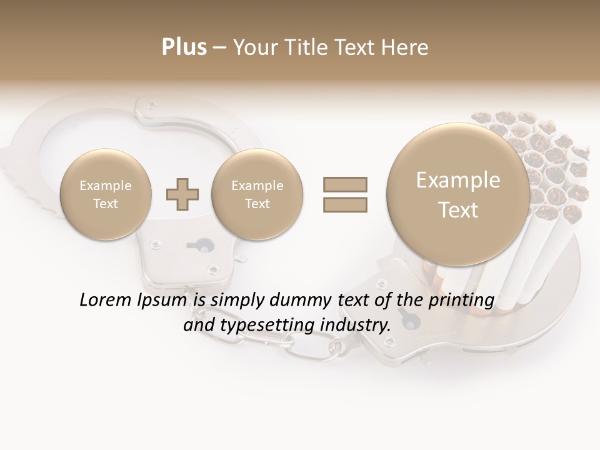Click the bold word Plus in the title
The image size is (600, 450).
tap(184, 47)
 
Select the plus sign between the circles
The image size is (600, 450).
tap(182, 194)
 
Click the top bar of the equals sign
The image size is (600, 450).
tap(344, 184)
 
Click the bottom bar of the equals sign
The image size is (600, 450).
tap(344, 204)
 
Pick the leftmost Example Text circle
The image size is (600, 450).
tap(106, 194)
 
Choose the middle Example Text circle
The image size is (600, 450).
tap(257, 194)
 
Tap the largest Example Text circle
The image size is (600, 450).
tap(458, 194)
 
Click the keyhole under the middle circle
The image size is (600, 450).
tap(199, 244)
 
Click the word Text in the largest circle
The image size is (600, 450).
tap(458, 210)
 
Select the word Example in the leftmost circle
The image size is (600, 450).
tap(106, 186)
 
